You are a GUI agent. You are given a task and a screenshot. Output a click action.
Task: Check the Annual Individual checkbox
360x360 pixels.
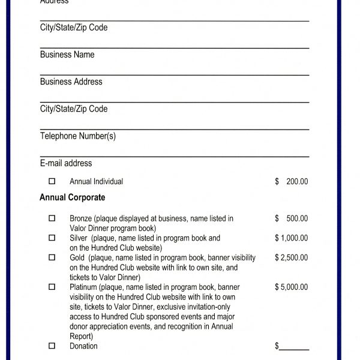tap(52, 181)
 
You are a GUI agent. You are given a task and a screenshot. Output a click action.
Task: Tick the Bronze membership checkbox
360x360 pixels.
tap(52, 218)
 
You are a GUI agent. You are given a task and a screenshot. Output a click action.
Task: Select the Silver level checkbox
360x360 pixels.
tap(52, 238)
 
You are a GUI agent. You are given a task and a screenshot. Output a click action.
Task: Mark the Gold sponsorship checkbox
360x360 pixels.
tap(52, 257)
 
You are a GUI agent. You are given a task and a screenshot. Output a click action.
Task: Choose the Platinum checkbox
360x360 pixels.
tap(52, 287)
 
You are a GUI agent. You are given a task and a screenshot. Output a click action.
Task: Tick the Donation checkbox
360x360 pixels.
tap(52, 346)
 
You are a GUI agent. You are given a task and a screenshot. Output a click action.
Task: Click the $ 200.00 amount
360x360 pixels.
tap(292, 181)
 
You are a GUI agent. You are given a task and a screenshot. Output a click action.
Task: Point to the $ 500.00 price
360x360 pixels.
tap(292, 218)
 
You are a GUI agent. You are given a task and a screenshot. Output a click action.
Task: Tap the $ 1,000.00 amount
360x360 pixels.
tap(292, 238)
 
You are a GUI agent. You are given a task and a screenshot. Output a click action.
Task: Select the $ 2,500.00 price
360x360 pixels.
tap(292, 257)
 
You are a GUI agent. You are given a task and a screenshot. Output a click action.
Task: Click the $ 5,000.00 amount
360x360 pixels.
tap(292, 287)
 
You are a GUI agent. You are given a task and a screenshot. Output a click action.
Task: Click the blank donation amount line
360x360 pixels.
tap(294, 347)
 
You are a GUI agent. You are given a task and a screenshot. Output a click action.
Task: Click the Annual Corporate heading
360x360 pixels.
tap(72, 197)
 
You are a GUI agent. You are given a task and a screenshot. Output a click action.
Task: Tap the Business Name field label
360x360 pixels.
tap(67, 55)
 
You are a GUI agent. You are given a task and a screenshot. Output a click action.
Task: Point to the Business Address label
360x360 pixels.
tap(71, 82)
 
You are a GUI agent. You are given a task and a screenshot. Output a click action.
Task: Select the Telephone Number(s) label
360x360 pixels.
tap(78, 136)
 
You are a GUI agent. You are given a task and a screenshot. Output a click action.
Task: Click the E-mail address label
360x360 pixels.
tap(66, 163)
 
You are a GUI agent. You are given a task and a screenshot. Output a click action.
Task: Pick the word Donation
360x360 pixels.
tap(83, 346)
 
